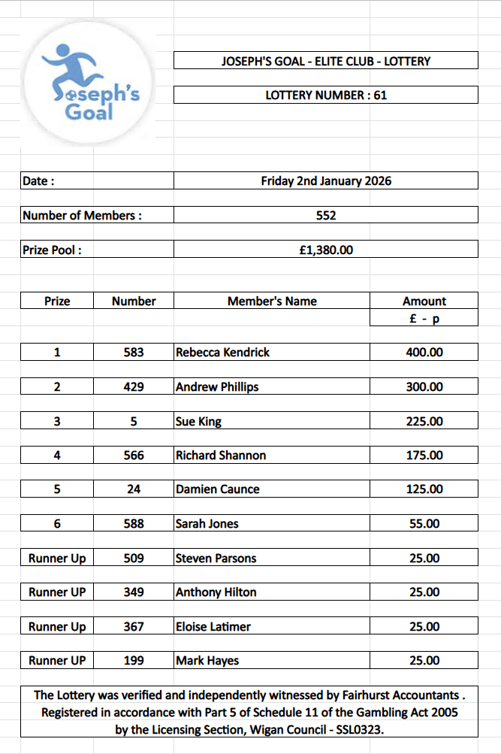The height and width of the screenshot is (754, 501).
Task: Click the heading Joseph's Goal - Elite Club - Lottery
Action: [326, 61]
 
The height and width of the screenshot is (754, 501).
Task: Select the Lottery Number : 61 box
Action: [326, 95]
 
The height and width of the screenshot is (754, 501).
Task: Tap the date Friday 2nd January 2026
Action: [326, 181]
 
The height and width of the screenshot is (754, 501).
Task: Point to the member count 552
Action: [326, 216]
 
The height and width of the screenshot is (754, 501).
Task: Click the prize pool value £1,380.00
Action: [326, 250]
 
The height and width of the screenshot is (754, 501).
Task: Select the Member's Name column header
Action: [272, 301]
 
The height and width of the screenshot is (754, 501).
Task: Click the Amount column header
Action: [424, 301]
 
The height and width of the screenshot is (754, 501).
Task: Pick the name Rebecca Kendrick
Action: [222, 353]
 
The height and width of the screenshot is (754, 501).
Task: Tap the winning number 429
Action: [134, 387]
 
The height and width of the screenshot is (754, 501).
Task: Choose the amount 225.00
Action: [424, 422]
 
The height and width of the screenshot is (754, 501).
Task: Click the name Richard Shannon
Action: [221, 456]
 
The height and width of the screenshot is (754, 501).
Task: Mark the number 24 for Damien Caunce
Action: [134, 489]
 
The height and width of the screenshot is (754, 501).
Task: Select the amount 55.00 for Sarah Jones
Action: [424, 524]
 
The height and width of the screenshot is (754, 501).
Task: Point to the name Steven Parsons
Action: [216, 559]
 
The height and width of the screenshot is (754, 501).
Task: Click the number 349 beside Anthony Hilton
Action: [134, 592]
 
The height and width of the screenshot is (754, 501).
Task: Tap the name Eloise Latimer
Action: [213, 627]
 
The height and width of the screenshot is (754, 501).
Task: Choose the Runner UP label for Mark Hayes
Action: [57, 661]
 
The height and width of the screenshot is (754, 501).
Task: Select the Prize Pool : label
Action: [52, 250]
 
